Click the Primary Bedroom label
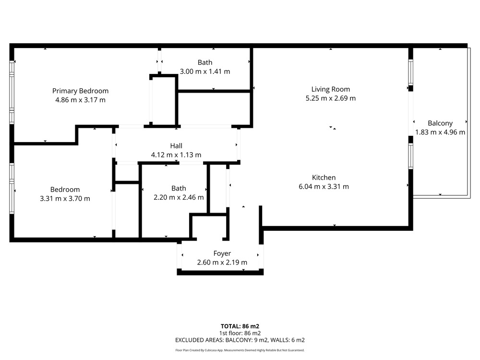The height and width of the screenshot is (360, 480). pos(80,91)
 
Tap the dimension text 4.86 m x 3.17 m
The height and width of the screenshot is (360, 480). pos(80,100)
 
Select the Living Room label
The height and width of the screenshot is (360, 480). pos(331,89)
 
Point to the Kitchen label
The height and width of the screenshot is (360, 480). pos(324,178)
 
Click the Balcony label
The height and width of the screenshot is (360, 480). pos(440,123)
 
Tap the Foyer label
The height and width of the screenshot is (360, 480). pos(222,253)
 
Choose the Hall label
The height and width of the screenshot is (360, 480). pos(176,146)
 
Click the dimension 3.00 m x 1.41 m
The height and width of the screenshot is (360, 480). pos(205,72)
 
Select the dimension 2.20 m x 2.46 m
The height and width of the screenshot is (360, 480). pos(179,197)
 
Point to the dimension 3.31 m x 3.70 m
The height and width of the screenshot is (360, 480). pos(65,199)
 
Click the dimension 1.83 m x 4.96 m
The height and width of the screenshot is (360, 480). pos(440,132)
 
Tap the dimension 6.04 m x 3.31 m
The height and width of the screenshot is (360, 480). pos(324,186)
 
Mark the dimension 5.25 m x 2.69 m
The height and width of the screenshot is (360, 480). pos(331,98)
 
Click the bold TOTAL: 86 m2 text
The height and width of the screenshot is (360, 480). pos(240,326)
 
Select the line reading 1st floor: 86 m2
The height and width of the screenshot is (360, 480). pos(240,333)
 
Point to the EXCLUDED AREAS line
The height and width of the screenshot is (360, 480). pos(240,340)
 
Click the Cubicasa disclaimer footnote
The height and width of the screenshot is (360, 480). pos(240,350)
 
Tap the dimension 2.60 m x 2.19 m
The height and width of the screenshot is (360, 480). pos(222,263)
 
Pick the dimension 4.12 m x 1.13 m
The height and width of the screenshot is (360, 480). pos(176,155)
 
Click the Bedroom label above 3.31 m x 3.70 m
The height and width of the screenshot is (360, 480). pos(65,190)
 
